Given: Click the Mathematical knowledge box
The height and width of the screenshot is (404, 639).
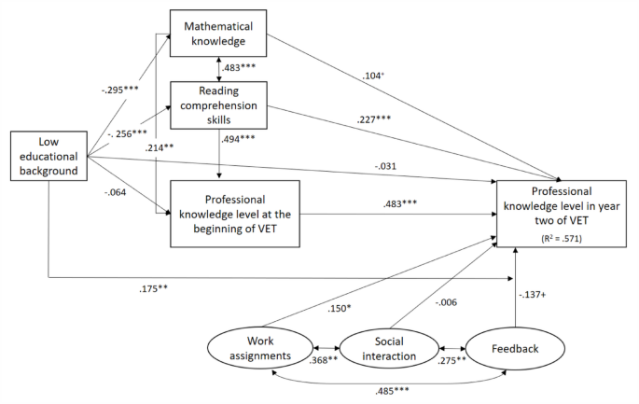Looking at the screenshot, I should [x=217, y=35].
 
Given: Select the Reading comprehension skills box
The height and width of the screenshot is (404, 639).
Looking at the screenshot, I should [x=217, y=105].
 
